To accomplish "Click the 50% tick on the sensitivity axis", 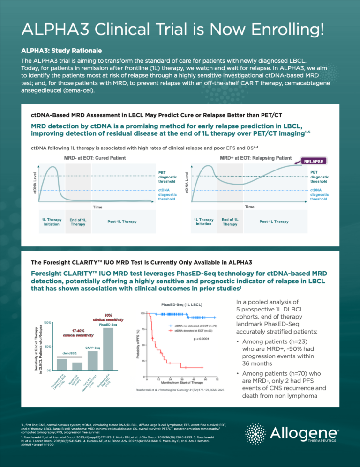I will pyautogui.click(x=48, y=346).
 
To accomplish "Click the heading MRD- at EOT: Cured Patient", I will pyautogui.click(x=94, y=158).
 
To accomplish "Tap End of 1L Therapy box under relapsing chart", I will pyautogui.click(x=230, y=222).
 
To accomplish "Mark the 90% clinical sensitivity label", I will pyautogui.click(x=111, y=316).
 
